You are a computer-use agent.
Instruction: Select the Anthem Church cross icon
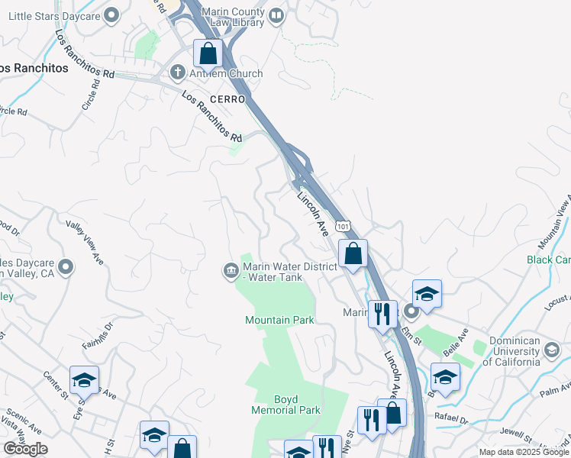pos(177,74)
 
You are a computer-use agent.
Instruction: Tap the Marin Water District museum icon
pos(230,271)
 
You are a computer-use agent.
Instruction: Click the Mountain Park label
pos(279,320)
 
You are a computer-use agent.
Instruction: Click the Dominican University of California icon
pos(551,350)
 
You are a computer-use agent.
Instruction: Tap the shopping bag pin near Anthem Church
pos(208,53)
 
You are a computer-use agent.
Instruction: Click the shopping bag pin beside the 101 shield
pos(353,253)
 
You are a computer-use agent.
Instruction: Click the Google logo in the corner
pos(25,449)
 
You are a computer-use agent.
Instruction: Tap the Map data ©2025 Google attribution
pos(524,452)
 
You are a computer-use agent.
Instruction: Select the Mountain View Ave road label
pos(554,221)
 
